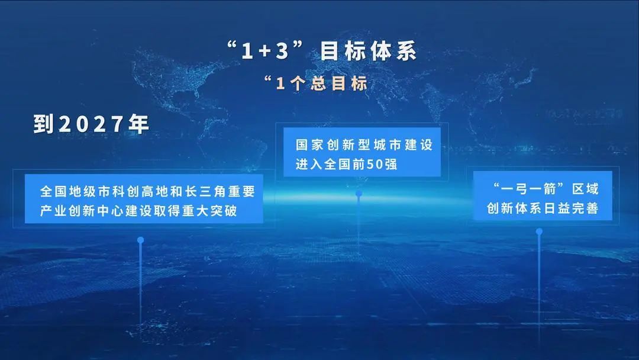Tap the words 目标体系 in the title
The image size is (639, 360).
click(x=369, y=52)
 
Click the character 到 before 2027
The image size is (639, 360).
click(x=44, y=124)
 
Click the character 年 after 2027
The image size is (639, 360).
click(x=138, y=124)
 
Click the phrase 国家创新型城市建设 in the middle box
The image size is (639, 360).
click(x=364, y=145)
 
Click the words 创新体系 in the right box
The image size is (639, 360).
click(x=514, y=208)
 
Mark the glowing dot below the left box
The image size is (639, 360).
click(x=141, y=240)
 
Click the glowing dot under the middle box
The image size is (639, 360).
click(x=359, y=194)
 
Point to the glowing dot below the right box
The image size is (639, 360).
click(x=539, y=232)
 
